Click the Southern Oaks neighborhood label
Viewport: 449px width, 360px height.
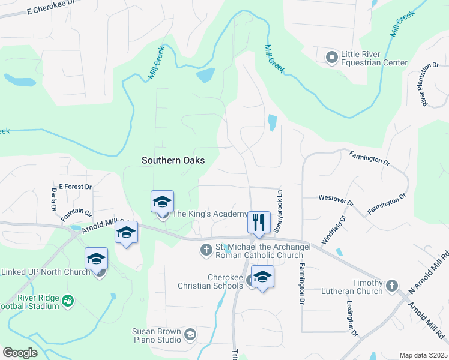pos(173,160)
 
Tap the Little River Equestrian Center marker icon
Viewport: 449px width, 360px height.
pos(331,58)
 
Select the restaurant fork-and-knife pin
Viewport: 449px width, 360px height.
pos(259,222)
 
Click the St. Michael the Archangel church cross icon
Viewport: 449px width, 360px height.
pos(206,249)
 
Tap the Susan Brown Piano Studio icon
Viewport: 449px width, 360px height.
pos(190,334)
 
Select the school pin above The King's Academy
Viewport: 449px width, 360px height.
pos(163,202)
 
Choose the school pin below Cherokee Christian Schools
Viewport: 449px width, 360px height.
pos(262,277)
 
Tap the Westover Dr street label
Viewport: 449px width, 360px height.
pos(336,197)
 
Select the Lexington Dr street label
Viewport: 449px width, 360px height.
pos(351,317)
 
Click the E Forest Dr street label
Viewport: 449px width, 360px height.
pos(75,187)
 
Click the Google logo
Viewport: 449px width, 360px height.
pos(20,353)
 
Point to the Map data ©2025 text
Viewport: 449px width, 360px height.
pos(423,355)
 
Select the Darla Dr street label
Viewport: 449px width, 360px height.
pos(53,200)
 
